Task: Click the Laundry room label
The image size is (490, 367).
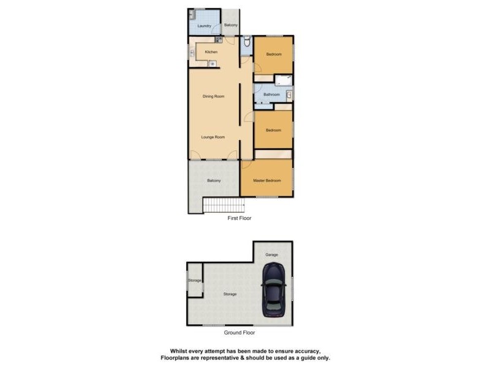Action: pyautogui.click(x=205, y=26)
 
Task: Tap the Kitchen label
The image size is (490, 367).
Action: pyautogui.click(x=211, y=52)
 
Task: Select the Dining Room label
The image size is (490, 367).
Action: pyautogui.click(x=214, y=96)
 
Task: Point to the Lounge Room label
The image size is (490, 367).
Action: pyautogui.click(x=214, y=137)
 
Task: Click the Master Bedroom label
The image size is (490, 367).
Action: pyautogui.click(x=267, y=180)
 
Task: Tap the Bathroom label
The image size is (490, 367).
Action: pyautogui.click(x=271, y=95)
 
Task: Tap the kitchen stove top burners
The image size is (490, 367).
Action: pyautogui.click(x=218, y=40)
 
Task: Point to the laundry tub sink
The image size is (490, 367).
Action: pyautogui.click(x=192, y=13)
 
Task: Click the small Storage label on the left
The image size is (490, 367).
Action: pyautogui.click(x=195, y=281)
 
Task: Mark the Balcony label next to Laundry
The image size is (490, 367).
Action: pyautogui.click(x=231, y=25)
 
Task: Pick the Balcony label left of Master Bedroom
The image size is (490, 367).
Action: pyautogui.click(x=214, y=180)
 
